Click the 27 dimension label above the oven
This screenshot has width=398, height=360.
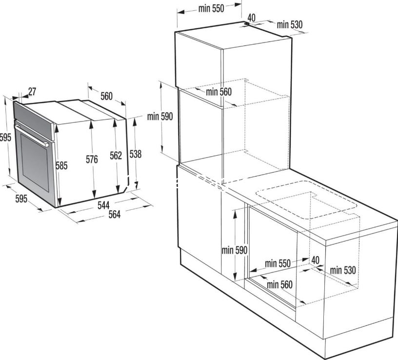pyautogui.click(x=32, y=92)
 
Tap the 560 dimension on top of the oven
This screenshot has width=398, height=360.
pyautogui.click(x=106, y=97)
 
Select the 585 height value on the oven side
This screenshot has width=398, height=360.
pyautogui.click(x=61, y=166)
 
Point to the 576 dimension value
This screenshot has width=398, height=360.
pyautogui.click(x=92, y=160)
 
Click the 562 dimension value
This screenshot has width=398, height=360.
pyautogui.click(x=116, y=156)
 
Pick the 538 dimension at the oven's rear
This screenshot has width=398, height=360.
pyautogui.click(x=136, y=154)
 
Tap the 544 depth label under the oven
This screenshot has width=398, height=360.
pyautogui.click(x=103, y=205)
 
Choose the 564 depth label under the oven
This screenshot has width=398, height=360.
pyautogui.click(x=115, y=215)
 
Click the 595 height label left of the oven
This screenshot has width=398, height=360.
pyautogui.click(x=5, y=138)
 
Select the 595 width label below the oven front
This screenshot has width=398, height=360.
pyautogui.click(x=21, y=199)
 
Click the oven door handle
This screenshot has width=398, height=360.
pyautogui.click(x=32, y=136)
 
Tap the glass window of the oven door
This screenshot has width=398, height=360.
pyautogui.click(x=35, y=162)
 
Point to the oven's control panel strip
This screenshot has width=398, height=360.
pyautogui.click(x=34, y=120)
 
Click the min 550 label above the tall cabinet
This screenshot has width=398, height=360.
pyautogui.click(x=211, y=9)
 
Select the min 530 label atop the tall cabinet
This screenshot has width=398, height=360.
pyautogui.click(x=290, y=25)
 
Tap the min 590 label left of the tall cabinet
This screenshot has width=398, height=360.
pyautogui.click(x=160, y=117)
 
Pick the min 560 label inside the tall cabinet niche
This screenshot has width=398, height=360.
pyautogui.click(x=219, y=92)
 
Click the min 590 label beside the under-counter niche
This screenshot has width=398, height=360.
pyautogui.click(x=234, y=250)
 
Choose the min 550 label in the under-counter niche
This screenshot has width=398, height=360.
pyautogui.click(x=278, y=264)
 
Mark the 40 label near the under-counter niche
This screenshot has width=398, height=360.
pyautogui.click(x=315, y=260)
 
